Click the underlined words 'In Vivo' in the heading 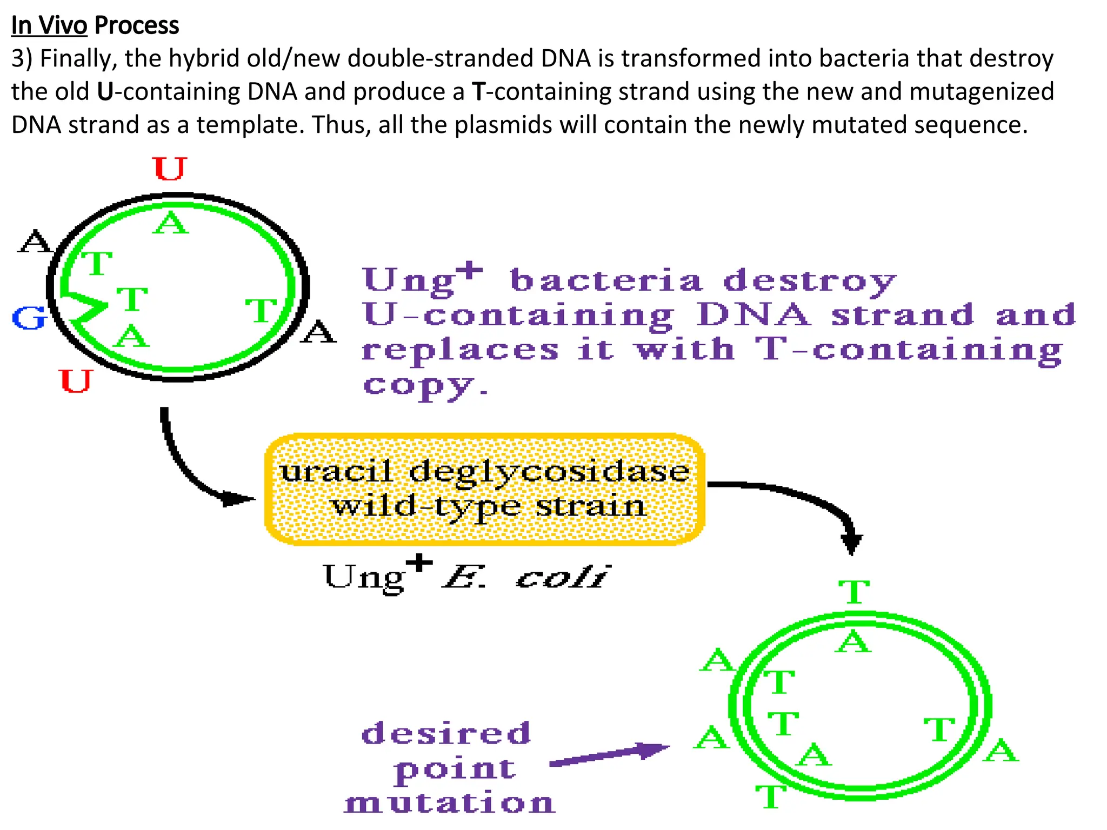(x=49, y=25)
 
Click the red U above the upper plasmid (x=169, y=169)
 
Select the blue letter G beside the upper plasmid (x=29, y=318)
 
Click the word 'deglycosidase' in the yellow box (x=549, y=472)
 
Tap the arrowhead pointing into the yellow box (x=238, y=498)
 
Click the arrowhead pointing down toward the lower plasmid (x=851, y=543)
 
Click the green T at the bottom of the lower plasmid (x=770, y=796)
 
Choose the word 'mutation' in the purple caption (x=450, y=802)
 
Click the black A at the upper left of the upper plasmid (x=35, y=241)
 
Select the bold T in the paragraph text (x=479, y=91)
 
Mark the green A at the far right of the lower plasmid (x=1001, y=751)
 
